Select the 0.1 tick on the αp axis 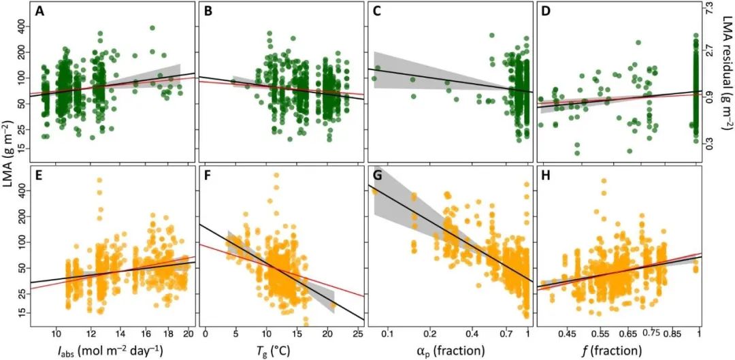pos(388,335)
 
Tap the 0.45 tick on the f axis pos(567,335)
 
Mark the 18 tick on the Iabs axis pos(168,335)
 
